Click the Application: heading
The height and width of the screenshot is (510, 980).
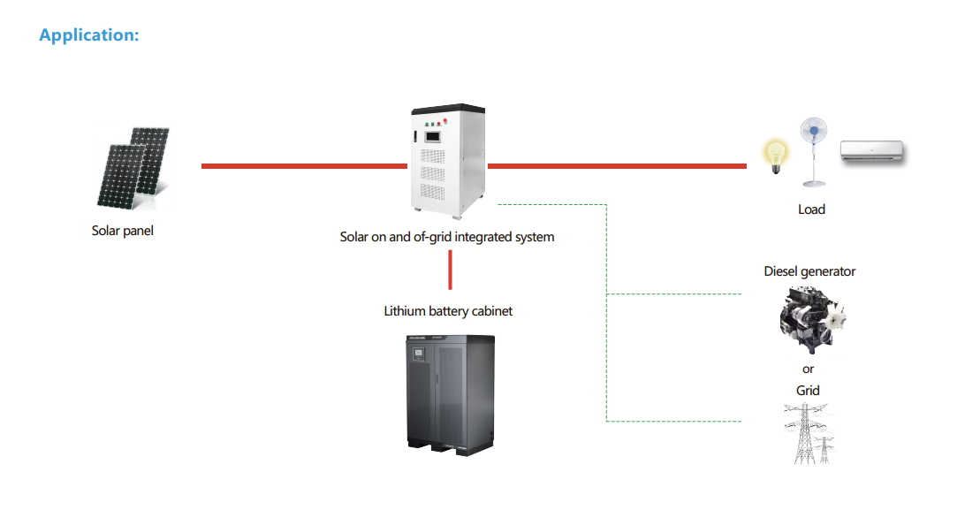point(89,35)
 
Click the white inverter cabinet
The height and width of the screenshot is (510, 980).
point(447,159)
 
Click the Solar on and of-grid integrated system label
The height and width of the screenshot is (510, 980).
point(447,237)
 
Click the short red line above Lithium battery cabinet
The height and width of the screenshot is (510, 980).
point(450,270)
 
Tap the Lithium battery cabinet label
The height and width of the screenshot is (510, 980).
point(448,311)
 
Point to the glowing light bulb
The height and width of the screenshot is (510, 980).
point(775,156)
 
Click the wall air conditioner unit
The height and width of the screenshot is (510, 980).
point(872,152)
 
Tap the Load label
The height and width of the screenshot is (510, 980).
point(811,209)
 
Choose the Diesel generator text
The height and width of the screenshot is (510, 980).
point(809,271)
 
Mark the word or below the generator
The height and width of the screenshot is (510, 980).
point(809,369)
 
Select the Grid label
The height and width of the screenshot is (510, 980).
point(808,391)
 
